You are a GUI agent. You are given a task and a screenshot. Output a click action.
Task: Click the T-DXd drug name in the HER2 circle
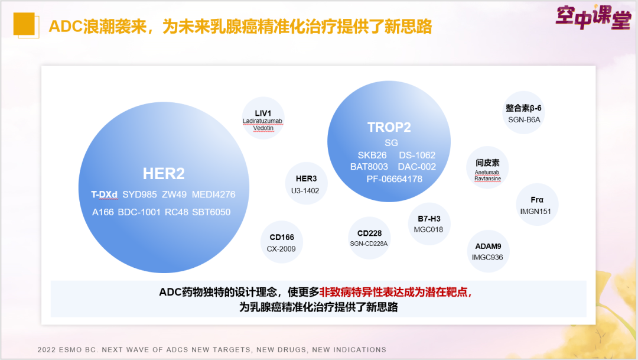pos(104,194)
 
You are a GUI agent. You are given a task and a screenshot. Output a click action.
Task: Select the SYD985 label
pos(139,194)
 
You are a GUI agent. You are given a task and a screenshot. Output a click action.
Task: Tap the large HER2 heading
pos(164,173)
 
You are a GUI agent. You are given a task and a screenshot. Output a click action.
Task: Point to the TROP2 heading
pos(389,128)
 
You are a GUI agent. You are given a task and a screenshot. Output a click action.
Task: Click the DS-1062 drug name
pos(417,155)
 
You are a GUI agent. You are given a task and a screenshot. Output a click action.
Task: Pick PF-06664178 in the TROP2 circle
pos(394,179)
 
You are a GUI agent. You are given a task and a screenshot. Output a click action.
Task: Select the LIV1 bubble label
pos(263,113)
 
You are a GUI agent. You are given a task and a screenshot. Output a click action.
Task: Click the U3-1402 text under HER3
pos(305,190)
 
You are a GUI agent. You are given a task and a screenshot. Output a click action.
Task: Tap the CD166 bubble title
pos(282,237)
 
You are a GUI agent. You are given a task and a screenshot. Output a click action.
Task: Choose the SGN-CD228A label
pos(369,244)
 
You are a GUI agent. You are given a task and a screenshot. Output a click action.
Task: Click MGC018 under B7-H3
pos(428,230)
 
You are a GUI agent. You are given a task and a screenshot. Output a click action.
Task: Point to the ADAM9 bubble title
pos(489,247)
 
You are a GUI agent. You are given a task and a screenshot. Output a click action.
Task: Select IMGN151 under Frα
pos(535,212)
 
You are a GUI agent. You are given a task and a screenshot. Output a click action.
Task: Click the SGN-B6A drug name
pos(524,120)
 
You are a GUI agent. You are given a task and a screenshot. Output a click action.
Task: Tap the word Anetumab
pos(487,173)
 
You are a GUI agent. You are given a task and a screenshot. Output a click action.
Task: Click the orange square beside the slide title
pos(24,24)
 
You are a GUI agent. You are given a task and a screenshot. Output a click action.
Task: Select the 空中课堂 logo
pos(593,17)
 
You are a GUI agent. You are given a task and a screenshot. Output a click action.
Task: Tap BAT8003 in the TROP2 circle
pos(369,167)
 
